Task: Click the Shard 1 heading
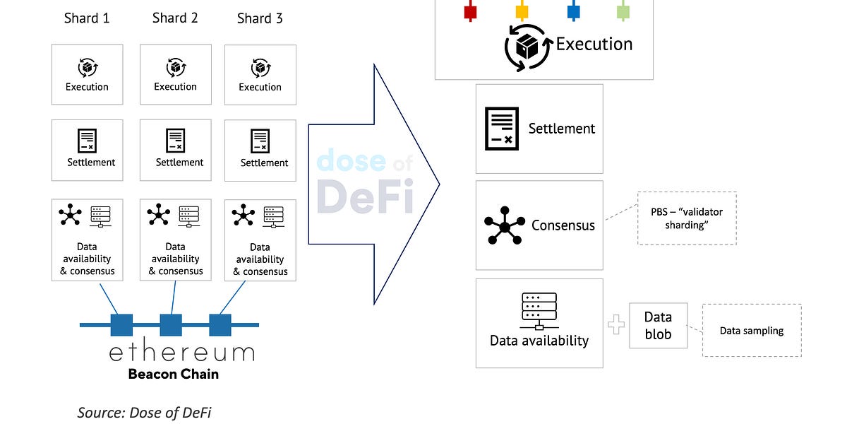coord(87,18)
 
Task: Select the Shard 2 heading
coord(175,18)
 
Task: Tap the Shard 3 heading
coord(260,18)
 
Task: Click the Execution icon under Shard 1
coord(87,68)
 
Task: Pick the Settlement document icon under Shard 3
coord(260,140)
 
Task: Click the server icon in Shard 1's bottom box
coord(101,216)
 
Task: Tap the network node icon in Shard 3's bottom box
coord(244,216)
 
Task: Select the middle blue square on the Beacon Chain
coord(171,325)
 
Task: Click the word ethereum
coord(181,352)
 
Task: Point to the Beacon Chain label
coord(173,374)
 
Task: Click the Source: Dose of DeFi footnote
coord(144,413)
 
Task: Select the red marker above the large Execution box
coord(470,11)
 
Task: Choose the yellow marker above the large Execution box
coord(522,11)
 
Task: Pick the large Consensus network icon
coord(505,225)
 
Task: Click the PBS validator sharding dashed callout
coord(686,218)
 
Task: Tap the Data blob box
coord(658,325)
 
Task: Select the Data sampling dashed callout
coord(751,330)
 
